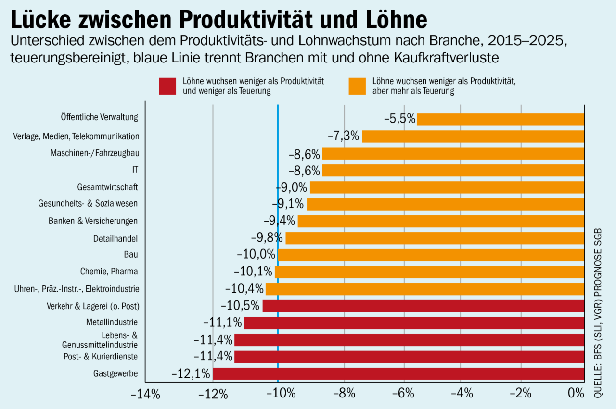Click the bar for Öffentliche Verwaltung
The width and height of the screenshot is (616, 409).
pos(500,119)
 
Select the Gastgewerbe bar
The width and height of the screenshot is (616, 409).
pos(398,373)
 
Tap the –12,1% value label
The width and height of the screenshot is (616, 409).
pos(191,373)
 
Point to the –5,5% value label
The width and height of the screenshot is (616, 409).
pos(399,119)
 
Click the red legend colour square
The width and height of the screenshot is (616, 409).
pos(168,86)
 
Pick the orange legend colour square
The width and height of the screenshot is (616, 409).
pos(357,86)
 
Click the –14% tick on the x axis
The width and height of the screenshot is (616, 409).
pos(145,394)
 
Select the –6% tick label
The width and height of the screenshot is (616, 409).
pos(403,394)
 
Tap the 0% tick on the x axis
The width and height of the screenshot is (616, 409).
pos(576,394)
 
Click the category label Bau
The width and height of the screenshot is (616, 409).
pos(131,254)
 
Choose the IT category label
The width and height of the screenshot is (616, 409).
pos(135,170)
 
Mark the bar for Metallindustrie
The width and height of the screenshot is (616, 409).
pos(414,322)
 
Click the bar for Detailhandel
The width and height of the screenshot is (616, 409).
pos(435,238)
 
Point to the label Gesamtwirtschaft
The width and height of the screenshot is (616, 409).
pos(107,187)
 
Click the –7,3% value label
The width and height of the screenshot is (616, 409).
pos(344,136)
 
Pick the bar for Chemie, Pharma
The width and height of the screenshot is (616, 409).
pos(429,272)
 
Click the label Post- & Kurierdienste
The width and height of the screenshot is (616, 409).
pos(101,357)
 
